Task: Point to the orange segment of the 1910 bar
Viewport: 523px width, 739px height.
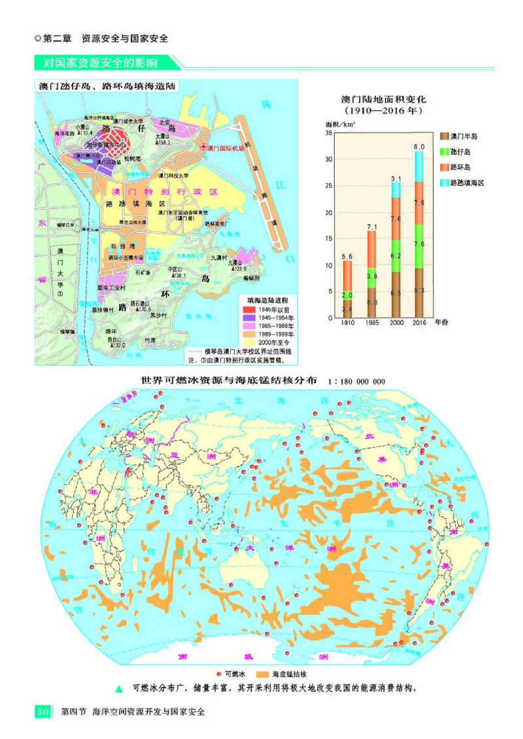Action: pyautogui.click(x=348, y=275)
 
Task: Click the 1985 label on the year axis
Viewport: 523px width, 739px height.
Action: pyautogui.click(x=372, y=323)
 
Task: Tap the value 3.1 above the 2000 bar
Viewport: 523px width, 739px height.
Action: pyautogui.click(x=396, y=178)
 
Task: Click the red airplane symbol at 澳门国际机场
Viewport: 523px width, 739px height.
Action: pyautogui.click(x=203, y=147)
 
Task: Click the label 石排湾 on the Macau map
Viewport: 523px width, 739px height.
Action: pyautogui.click(x=122, y=246)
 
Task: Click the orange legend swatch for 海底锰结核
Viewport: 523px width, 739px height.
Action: pyautogui.click(x=265, y=674)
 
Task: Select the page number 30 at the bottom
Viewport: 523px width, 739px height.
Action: pyautogui.click(x=41, y=712)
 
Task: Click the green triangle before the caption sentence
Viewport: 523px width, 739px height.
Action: pyautogui.click(x=118, y=689)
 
